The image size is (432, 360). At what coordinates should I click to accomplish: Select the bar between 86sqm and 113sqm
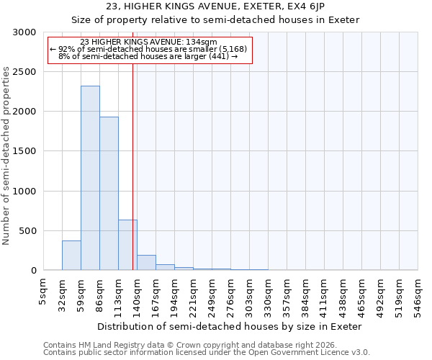(x=109, y=194)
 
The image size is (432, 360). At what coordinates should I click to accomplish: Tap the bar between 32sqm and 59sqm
(x=71, y=256)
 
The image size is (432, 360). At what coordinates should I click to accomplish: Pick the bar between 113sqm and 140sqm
(x=127, y=245)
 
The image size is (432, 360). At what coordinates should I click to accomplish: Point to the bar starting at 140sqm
(x=146, y=263)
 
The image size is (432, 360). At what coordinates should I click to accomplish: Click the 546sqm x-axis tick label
(x=418, y=294)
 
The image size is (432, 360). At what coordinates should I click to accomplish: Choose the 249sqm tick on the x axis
(x=212, y=294)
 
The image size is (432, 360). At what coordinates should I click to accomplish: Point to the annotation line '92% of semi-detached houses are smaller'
(x=149, y=49)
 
